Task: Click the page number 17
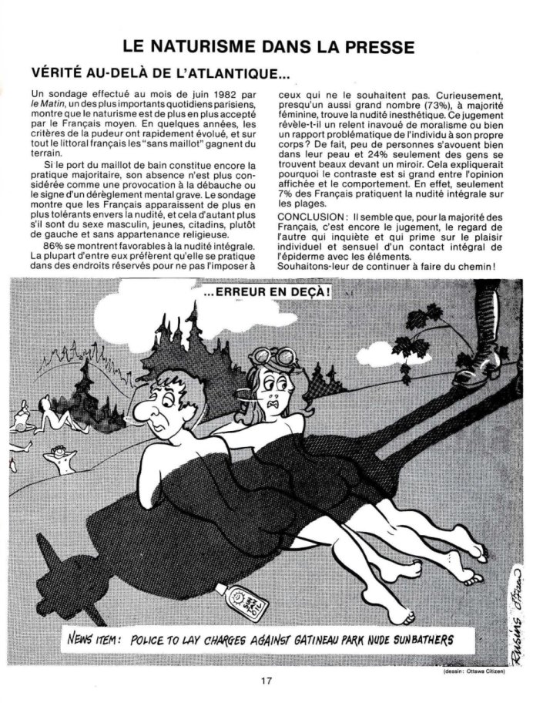tap(266, 681)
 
